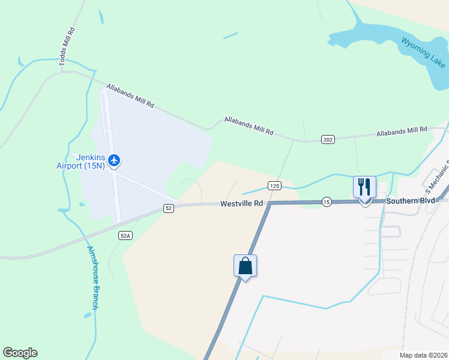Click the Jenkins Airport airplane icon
coord(115,160)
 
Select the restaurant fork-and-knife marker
coord(364,188)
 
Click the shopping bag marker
coord(245,266)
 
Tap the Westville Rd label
coord(242,203)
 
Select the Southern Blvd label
coord(410,201)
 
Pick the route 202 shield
coord(327,140)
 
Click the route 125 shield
coord(274,186)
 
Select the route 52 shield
coord(169,208)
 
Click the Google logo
coord(20,353)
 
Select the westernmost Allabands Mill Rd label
coord(130,96)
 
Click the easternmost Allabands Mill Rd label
coord(402,131)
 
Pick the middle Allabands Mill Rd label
coord(249,125)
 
